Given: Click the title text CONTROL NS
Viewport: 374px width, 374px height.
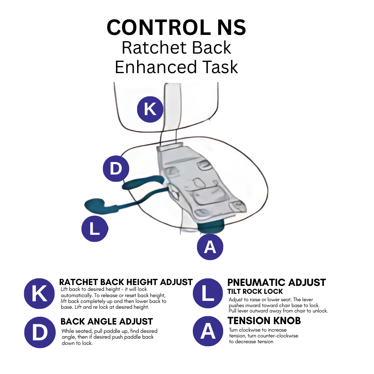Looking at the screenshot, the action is [x=176, y=27].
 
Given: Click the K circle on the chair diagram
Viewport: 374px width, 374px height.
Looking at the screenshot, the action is [x=150, y=109].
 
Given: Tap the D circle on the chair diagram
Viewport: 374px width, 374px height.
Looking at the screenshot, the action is [x=116, y=169].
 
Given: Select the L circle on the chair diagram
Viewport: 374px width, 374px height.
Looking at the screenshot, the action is [x=95, y=229].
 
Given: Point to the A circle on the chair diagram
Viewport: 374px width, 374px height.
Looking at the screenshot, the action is [x=210, y=247].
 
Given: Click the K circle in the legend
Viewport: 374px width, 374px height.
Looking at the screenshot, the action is [x=39, y=294].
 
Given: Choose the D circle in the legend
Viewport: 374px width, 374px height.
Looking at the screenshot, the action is [x=40, y=332].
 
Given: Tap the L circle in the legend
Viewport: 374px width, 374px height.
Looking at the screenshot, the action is [x=208, y=293].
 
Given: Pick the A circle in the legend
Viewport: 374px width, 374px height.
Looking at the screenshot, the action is [x=208, y=331].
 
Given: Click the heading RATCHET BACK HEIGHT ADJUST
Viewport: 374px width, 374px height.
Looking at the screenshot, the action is [x=126, y=282].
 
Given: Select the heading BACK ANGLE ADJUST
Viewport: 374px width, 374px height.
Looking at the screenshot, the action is [x=107, y=322].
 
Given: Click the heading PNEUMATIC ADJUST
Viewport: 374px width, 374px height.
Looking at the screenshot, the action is [x=276, y=283].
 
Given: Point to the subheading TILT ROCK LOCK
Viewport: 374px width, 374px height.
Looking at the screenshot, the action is [x=255, y=291].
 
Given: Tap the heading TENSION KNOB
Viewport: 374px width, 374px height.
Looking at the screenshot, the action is [x=264, y=321].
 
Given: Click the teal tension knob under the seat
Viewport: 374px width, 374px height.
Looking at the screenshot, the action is [x=211, y=226].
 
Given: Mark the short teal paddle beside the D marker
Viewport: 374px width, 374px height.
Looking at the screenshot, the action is [x=143, y=182].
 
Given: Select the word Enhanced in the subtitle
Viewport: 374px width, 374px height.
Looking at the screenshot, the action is [x=156, y=67].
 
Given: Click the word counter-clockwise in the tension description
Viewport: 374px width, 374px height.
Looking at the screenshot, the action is [x=278, y=336].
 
